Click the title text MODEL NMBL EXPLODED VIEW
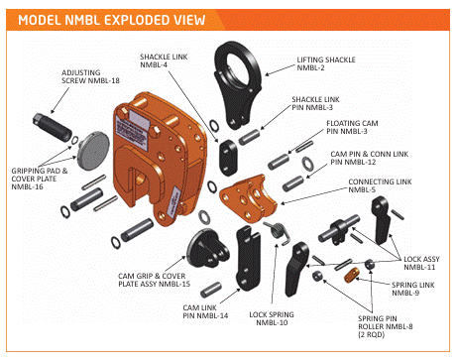(112, 20)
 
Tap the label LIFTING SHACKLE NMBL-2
(326, 63)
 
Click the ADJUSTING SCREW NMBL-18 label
(90, 76)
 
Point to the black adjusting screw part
(53, 127)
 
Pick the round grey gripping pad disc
(93, 151)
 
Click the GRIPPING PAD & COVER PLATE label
(39, 179)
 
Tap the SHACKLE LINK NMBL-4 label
(164, 60)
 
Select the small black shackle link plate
(228, 158)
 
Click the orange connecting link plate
(248, 197)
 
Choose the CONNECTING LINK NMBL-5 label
(380, 185)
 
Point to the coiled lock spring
(278, 232)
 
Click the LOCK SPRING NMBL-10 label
(272, 318)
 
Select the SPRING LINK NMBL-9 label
(413, 289)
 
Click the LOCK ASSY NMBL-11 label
(421, 263)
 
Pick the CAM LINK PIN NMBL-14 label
(205, 311)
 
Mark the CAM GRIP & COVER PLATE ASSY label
(154, 280)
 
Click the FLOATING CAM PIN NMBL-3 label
(352, 127)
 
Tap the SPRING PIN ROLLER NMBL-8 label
(386, 326)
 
